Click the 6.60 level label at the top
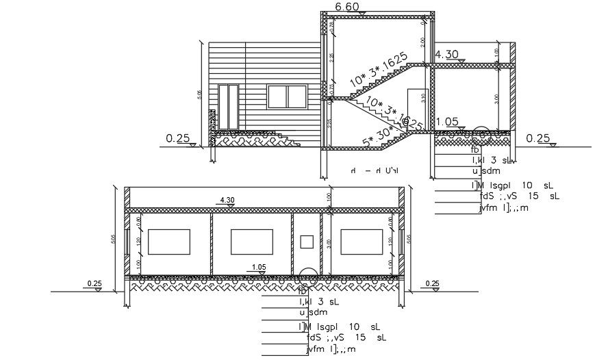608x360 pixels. pos(348,7)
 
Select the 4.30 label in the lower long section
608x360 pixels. pos(227,200)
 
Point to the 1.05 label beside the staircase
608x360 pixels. pos(446,122)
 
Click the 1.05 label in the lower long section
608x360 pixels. pos(259,267)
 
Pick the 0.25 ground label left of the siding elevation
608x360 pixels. pos(177,138)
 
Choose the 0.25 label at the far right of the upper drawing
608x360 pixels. pos(538,138)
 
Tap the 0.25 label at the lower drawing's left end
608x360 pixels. pos(94,283)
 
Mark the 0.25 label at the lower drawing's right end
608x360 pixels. pos(432,283)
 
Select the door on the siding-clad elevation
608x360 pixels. pos(228,107)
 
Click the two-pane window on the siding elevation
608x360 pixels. pos(287,97)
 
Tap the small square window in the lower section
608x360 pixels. pos(307,241)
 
